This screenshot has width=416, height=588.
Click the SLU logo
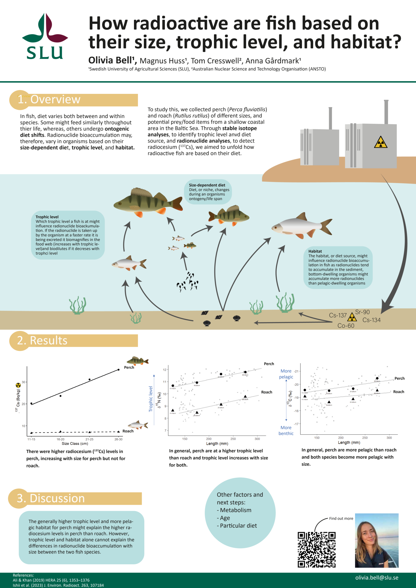coord(45,37)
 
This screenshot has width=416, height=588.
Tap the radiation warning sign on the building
coord(381,142)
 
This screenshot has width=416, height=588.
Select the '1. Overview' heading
coord(49,99)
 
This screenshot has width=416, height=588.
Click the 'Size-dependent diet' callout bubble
coord(208,192)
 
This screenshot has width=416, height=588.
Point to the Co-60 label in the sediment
coord(346,326)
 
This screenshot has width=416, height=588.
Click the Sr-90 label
coord(363,312)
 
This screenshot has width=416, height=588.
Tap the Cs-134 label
coord(371,320)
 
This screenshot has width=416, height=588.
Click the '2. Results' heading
coord(42,340)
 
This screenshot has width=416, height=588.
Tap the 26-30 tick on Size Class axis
coord(119,439)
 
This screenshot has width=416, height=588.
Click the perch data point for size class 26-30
coord(119,370)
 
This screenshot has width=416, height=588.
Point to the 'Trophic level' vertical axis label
coord(151,399)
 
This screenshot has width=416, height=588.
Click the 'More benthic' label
coord(286,431)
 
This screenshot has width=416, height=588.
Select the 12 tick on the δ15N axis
coord(165,370)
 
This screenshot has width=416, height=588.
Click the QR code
coord(316,550)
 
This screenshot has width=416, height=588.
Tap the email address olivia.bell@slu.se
coord(376,578)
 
